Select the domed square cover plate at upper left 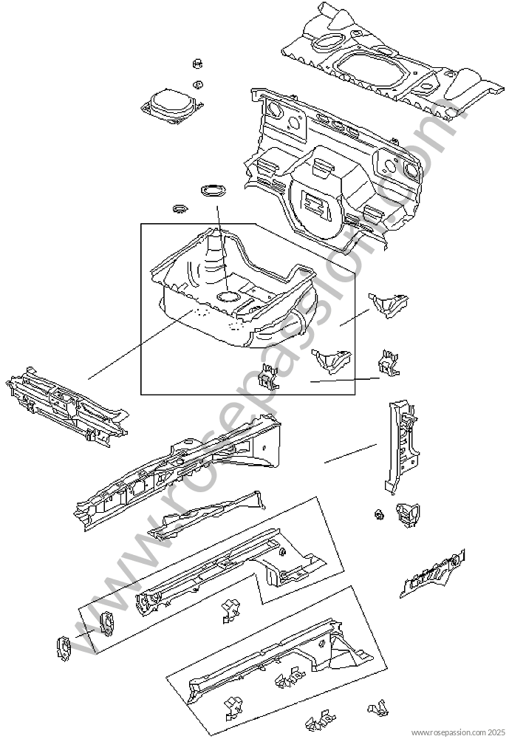169,106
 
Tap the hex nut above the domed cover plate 197,64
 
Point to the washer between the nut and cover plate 199,85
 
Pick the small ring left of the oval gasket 180,208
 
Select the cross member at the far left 67,406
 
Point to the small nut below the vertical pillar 378,514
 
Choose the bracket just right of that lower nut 407,514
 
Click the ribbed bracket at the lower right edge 433,573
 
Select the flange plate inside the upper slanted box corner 106,624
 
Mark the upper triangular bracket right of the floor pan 389,304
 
